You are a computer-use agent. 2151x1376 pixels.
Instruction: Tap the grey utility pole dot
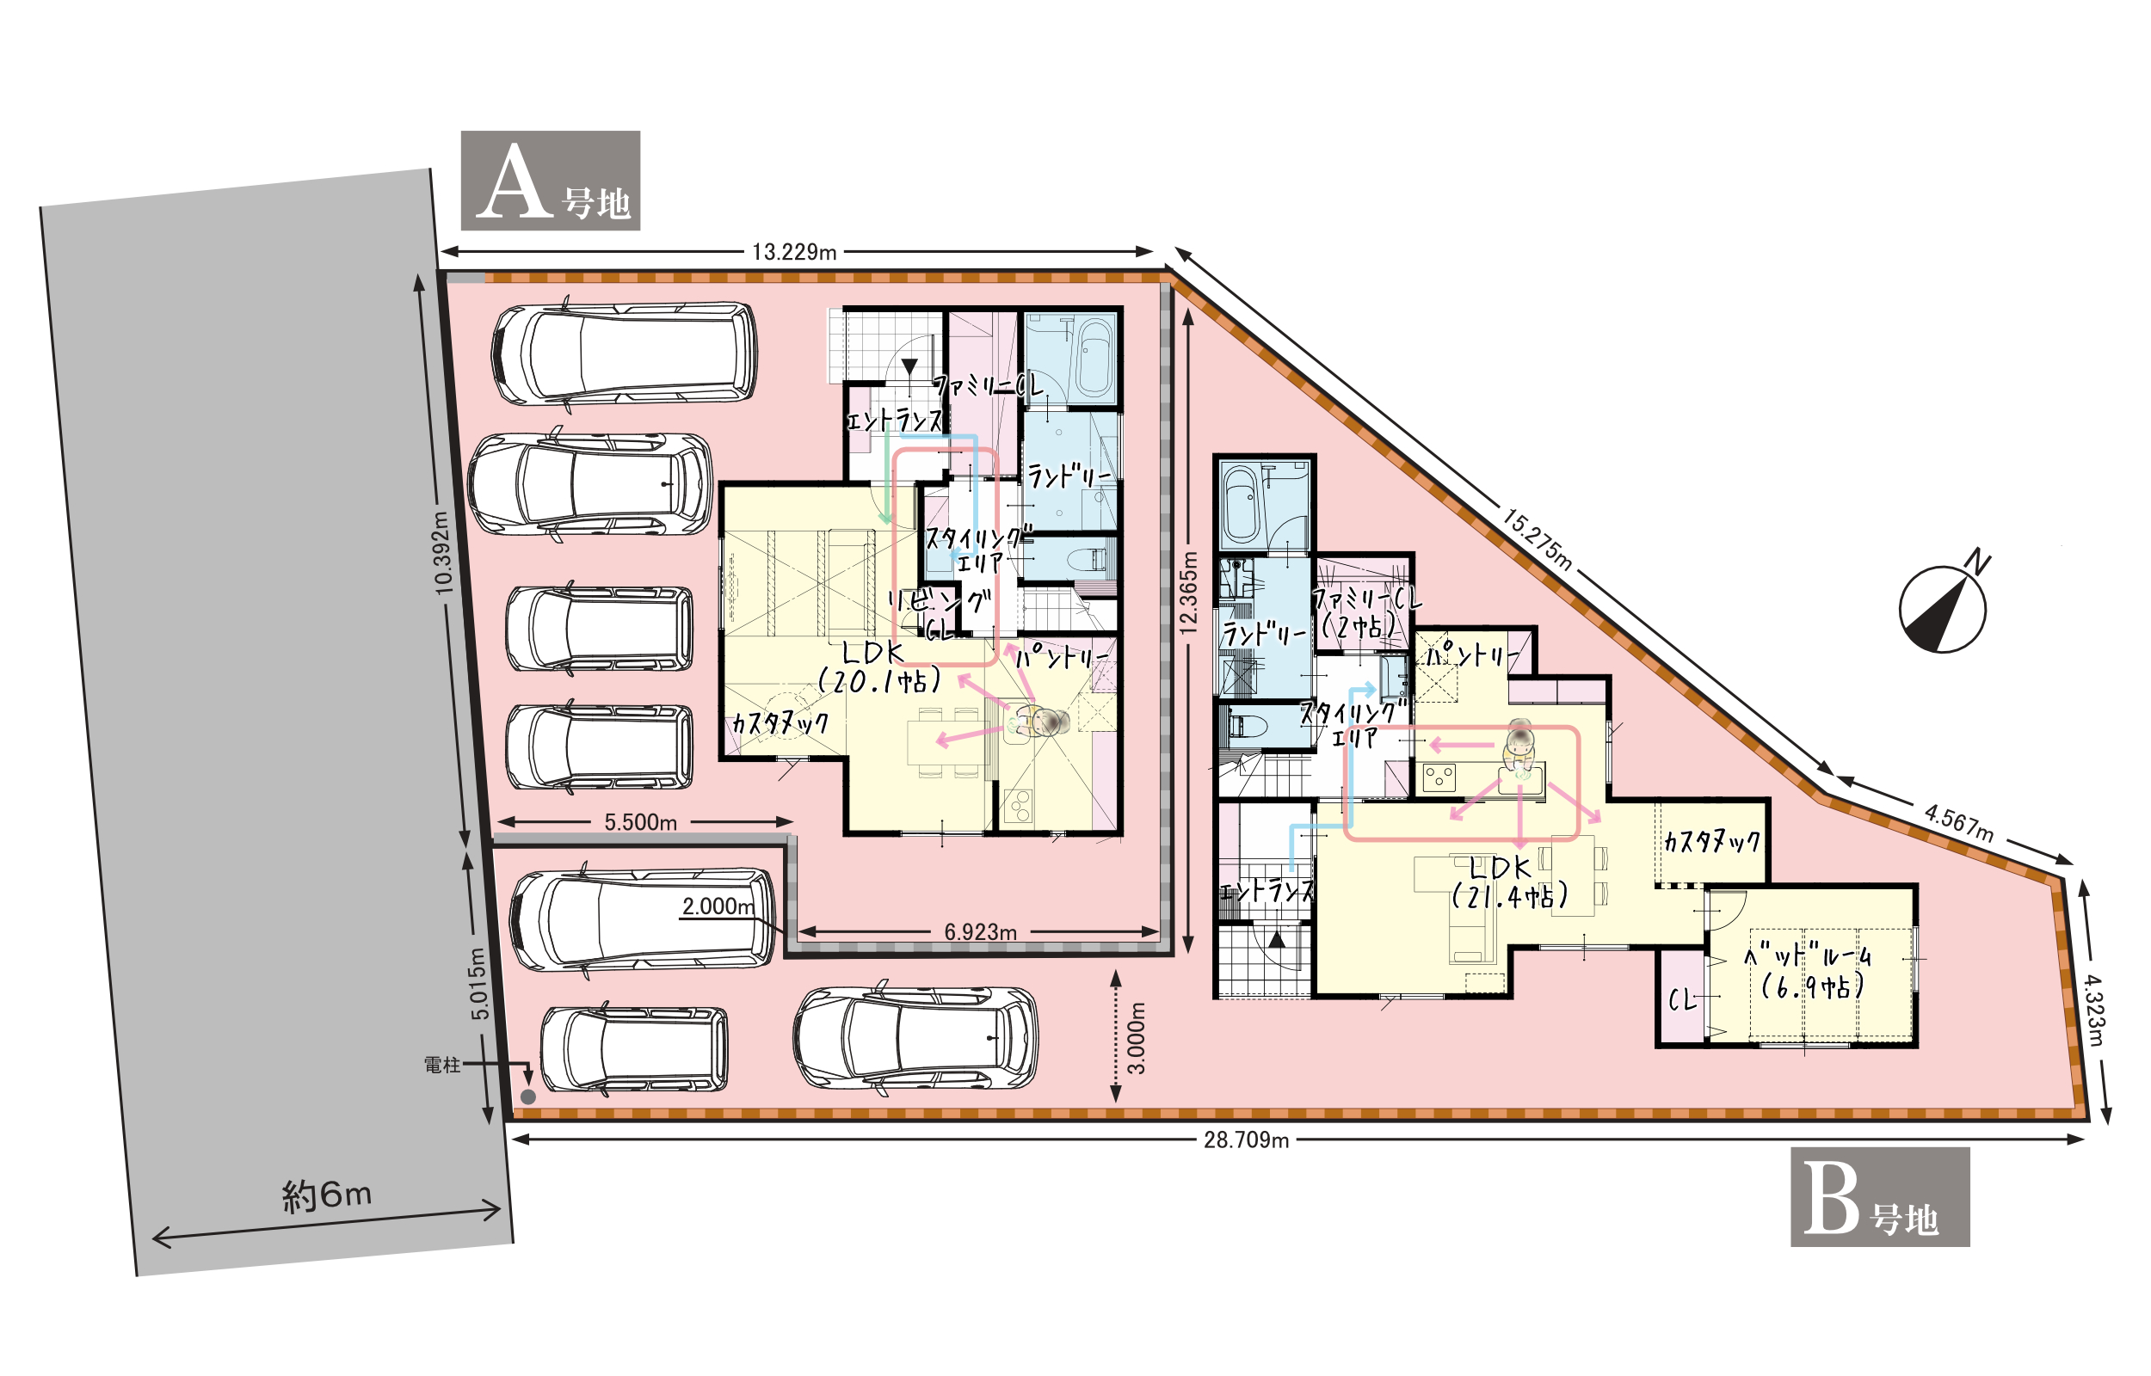pos(528,1096)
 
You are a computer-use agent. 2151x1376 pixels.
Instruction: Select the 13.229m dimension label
pos(793,252)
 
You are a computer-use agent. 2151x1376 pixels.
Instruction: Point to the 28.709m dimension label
pos(1246,1140)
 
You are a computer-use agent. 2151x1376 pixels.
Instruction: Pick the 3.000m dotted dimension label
pos(1136,1037)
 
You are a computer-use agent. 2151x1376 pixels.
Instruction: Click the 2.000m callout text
pos(718,906)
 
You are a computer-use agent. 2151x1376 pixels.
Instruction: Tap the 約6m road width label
pos(326,1195)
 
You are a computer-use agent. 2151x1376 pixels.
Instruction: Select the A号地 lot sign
pos(551,181)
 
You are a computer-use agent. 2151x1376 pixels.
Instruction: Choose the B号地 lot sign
pos(1880,1196)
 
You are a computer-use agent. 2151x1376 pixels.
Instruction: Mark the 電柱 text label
pos(441,1065)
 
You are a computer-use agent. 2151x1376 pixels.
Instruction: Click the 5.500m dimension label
pos(640,822)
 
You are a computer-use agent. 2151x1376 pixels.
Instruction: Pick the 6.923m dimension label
pos(980,932)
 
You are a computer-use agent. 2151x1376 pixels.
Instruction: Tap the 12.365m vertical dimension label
pos(1187,593)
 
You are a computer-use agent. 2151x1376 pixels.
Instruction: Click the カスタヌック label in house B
pos(1711,841)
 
